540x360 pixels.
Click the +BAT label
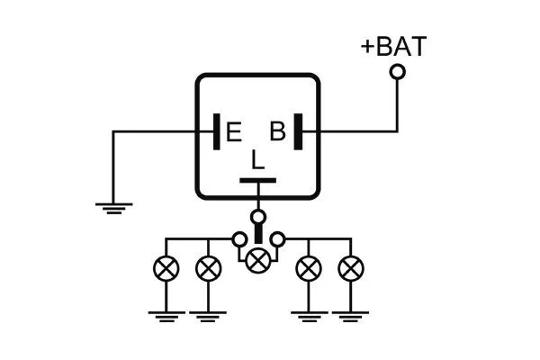(393, 46)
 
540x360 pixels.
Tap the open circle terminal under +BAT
(397, 71)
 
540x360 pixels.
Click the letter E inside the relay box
(233, 133)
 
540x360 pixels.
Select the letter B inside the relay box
(278, 132)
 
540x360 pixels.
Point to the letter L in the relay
(257, 161)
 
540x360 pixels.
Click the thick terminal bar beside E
(217, 131)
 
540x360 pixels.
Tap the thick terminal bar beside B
(297, 131)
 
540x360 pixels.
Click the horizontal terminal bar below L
(257, 182)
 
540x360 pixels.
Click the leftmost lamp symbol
(166, 268)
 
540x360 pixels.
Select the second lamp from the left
(208, 268)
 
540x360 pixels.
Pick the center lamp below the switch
(258, 261)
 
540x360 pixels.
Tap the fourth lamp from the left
(309, 268)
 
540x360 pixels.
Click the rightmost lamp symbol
(350, 268)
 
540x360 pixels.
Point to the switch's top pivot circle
(258, 217)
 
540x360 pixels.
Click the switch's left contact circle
(238, 239)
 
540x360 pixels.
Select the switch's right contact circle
(279, 239)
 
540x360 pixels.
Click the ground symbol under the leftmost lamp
(166, 314)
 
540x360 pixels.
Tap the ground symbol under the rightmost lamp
(350, 314)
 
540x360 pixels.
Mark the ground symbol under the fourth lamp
(309, 314)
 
